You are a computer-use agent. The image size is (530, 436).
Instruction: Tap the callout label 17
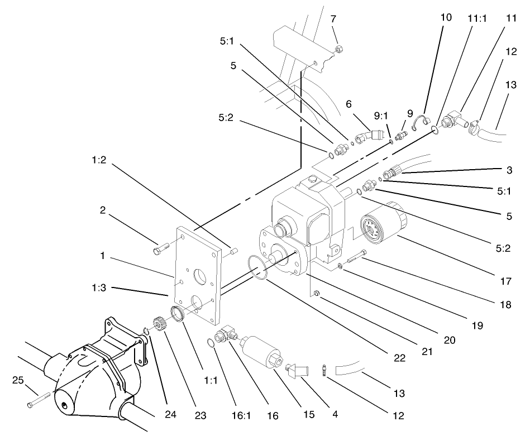point(505,282)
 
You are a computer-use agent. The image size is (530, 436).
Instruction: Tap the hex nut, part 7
point(338,51)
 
